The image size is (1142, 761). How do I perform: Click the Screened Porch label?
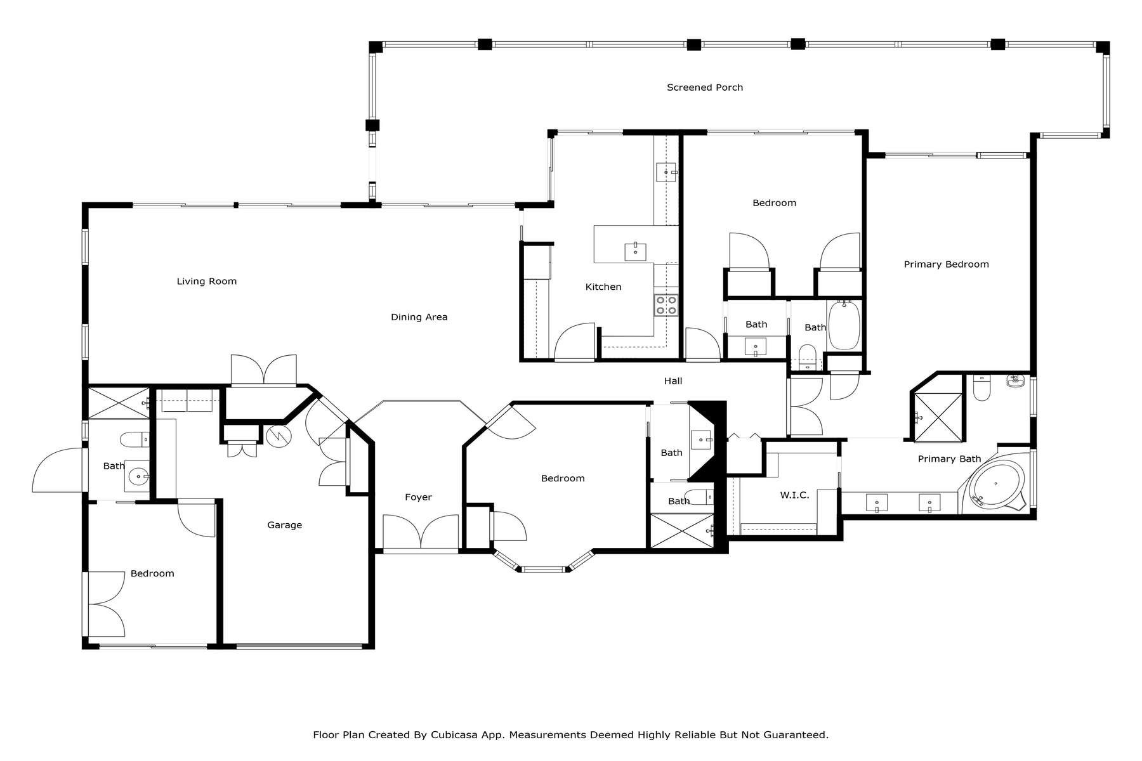click(x=704, y=88)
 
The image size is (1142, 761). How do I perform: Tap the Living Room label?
click(x=206, y=281)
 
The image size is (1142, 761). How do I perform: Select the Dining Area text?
click(x=419, y=317)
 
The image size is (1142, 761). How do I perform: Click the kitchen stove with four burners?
click(x=666, y=305)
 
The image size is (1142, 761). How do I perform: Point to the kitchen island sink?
click(x=635, y=251)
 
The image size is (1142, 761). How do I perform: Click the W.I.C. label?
click(x=794, y=495)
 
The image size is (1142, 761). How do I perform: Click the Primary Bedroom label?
click(x=945, y=264)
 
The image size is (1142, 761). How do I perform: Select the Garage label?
click(x=284, y=525)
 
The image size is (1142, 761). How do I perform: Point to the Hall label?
click(x=673, y=381)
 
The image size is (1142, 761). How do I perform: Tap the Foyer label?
click(x=418, y=497)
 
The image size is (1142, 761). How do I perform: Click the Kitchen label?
click(x=603, y=287)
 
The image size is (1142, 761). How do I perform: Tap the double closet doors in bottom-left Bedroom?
click(x=106, y=604)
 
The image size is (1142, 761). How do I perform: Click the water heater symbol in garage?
click(x=277, y=435)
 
